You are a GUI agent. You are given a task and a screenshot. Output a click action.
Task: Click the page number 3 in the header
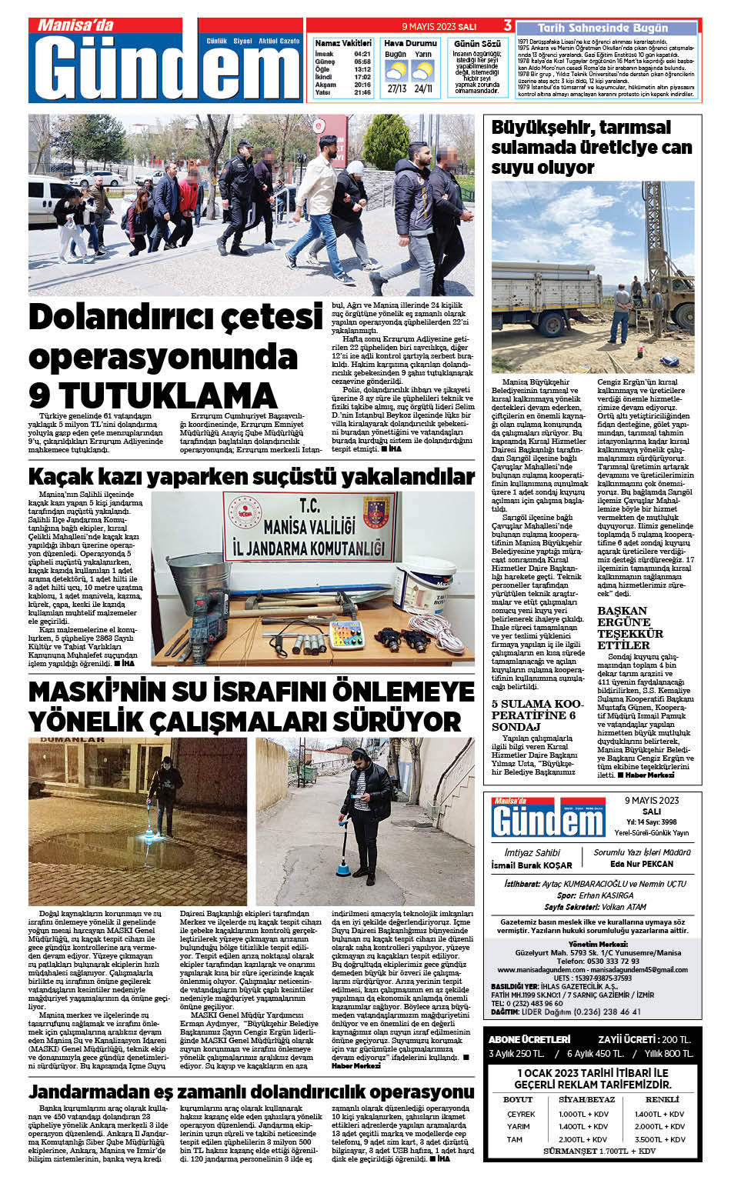pos(508,25)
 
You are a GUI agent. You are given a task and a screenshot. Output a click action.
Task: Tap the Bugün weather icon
pos(396,72)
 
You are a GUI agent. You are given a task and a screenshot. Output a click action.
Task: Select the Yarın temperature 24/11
pos(422,88)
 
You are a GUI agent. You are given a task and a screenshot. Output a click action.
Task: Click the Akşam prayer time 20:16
pos(362,85)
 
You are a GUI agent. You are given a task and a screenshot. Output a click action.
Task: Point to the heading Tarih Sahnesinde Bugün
pos(603,28)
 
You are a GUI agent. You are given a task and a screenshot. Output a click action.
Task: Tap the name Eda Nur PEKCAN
pos(641,864)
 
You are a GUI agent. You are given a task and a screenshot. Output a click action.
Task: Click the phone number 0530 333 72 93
pos(597,961)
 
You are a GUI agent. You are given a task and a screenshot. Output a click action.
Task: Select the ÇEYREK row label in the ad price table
pos(521,1114)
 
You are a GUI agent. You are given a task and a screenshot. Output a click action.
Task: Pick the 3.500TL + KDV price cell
pos(659,1139)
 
